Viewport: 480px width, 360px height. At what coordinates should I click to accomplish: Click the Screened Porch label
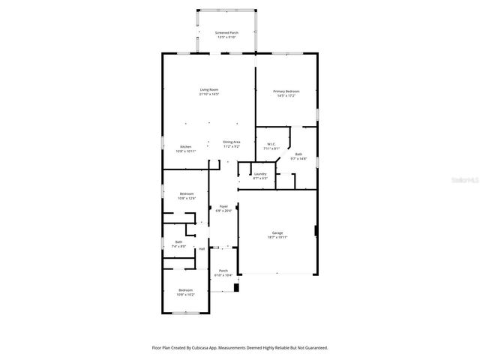(x=226, y=33)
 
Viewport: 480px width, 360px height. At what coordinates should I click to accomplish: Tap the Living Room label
(x=208, y=90)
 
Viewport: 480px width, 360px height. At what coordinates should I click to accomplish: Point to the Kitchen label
(x=184, y=146)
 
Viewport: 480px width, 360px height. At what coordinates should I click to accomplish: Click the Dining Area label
(x=231, y=142)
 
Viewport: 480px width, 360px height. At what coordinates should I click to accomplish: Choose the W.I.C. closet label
(x=271, y=144)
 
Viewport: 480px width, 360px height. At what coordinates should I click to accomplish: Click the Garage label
(x=277, y=232)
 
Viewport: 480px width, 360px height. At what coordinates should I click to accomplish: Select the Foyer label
(x=223, y=206)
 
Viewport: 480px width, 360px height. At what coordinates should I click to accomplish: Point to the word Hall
(x=202, y=248)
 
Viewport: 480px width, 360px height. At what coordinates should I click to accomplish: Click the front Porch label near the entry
(x=223, y=271)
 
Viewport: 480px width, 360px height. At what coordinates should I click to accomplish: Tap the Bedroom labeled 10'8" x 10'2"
(x=185, y=289)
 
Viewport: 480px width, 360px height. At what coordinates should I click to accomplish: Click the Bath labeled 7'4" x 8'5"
(x=178, y=241)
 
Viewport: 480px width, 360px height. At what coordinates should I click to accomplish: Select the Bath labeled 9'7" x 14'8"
(x=298, y=154)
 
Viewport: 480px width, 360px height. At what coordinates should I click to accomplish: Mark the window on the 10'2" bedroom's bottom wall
(x=183, y=313)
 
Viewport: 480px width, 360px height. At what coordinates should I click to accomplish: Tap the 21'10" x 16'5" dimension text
(x=208, y=94)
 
